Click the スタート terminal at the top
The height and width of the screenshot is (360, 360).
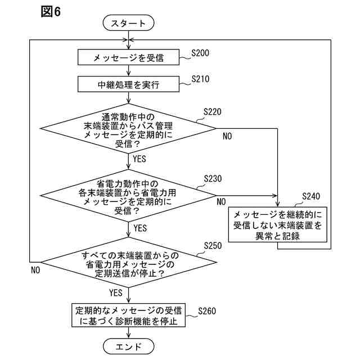click(129, 23)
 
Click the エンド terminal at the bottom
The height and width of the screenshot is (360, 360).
click(129, 345)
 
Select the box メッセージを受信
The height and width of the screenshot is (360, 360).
click(129, 57)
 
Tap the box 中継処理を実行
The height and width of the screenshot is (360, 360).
click(129, 85)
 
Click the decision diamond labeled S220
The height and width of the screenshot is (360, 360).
click(129, 129)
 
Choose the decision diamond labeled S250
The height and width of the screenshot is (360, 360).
click(129, 264)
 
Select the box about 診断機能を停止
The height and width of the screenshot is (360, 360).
click(129, 316)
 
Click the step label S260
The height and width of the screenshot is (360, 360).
click(208, 310)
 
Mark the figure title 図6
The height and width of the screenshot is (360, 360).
click(51, 12)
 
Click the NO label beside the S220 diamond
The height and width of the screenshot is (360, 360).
click(228, 136)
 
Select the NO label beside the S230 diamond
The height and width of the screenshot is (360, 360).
click(222, 201)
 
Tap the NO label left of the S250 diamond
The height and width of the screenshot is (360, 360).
click(35, 270)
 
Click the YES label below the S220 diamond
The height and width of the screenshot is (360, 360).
click(139, 160)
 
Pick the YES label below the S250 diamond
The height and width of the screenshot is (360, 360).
click(115, 292)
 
